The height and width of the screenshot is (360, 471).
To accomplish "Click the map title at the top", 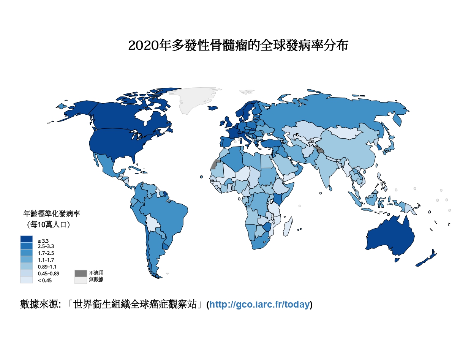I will pyautogui.click(x=238, y=46).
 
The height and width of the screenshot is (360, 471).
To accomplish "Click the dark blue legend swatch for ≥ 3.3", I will pyautogui.click(x=27, y=239).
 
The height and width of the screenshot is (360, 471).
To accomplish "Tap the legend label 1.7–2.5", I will pyautogui.click(x=46, y=253).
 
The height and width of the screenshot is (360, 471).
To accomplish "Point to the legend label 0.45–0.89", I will pyautogui.click(x=48, y=273).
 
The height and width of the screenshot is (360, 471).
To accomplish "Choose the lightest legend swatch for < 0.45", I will pyautogui.click(x=27, y=280).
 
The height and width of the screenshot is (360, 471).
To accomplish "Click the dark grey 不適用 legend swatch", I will pyautogui.click(x=81, y=273).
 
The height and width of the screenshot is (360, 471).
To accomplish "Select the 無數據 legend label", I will pyautogui.click(x=96, y=280).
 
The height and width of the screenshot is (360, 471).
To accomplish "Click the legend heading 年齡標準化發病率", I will pyautogui.click(x=52, y=214).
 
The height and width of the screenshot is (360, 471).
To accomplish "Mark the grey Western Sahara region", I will pyautogui.click(x=215, y=164).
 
